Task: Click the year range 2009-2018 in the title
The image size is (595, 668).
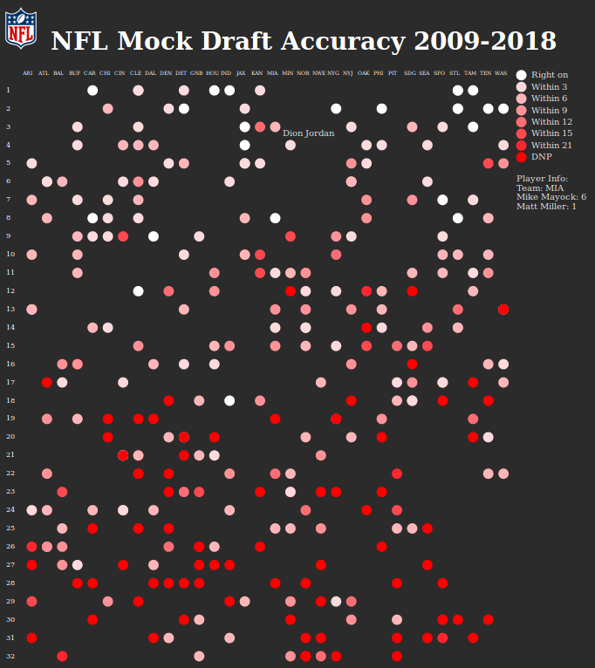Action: [x=484, y=41]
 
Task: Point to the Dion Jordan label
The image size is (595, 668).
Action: [x=308, y=133]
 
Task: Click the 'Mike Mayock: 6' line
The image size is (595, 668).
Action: [x=551, y=197]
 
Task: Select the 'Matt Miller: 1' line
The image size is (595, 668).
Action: [x=546, y=207]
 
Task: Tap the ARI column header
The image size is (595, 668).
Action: [x=28, y=72]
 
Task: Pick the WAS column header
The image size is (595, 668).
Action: [x=501, y=72]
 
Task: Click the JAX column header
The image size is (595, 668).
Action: [x=242, y=72]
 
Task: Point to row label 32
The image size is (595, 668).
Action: [x=9, y=656]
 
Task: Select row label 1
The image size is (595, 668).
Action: [x=9, y=90]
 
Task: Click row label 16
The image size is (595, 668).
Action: [x=9, y=364]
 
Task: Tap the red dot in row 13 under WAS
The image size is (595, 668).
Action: [x=503, y=310]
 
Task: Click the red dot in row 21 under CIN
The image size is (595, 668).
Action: [x=123, y=455]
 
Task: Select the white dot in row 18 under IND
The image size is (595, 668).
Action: [x=229, y=400]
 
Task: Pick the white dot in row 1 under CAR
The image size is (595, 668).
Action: [x=92, y=90]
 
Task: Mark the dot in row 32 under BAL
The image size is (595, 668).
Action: [x=62, y=656]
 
